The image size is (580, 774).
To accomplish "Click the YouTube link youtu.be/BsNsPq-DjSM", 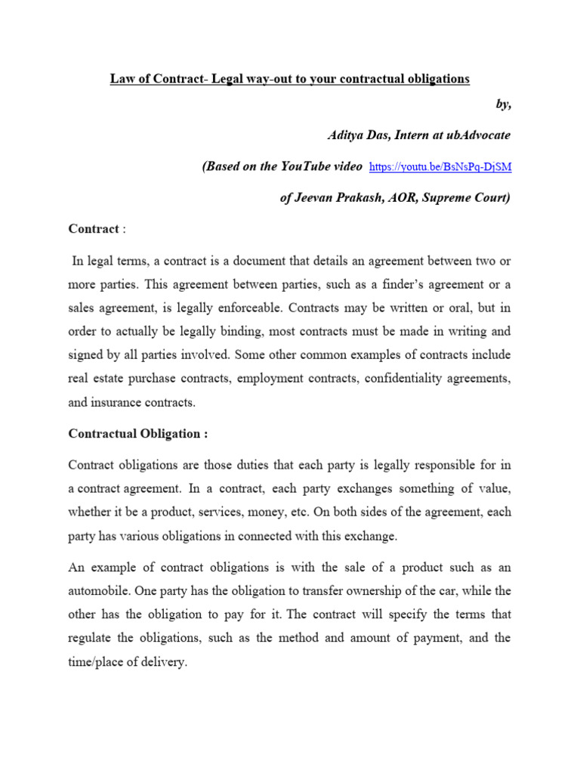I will [x=441, y=167].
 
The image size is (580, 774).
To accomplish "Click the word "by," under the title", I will [x=503, y=105].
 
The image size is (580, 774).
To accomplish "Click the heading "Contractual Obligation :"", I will [x=137, y=434].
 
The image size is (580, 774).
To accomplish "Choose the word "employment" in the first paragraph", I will [x=270, y=379].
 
